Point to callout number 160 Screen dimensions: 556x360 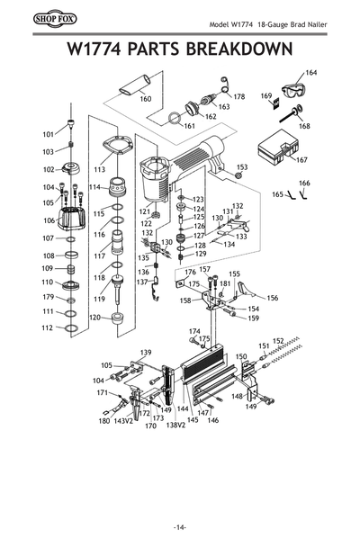pyautogui.click(x=145, y=100)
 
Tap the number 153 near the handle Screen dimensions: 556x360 pyautogui.click(x=241, y=167)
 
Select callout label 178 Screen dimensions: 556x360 pyautogui.click(x=238, y=96)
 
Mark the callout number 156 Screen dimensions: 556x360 pyautogui.click(x=273, y=298)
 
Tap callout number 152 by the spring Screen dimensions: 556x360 pyautogui.click(x=278, y=341)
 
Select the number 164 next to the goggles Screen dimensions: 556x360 pyautogui.click(x=311, y=72)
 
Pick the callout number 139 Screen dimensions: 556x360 pyautogui.click(x=146, y=351)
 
